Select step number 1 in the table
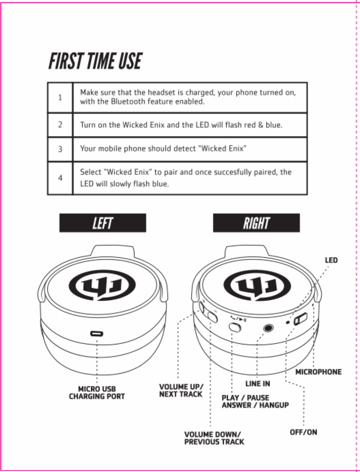pos(60,98)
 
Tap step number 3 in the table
pos(60,149)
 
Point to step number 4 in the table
pos(60,178)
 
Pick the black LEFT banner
pos(103,223)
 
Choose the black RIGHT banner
pos(256,223)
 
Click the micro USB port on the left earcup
pos(97,334)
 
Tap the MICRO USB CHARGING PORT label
pos(97,393)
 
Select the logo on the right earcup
pos(257,286)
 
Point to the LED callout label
pos(331,260)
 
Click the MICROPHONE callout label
pos(318,372)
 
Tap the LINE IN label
pos(257,384)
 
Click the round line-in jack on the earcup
pos(269,327)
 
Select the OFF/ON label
pos(303,432)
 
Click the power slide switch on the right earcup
pos(300,319)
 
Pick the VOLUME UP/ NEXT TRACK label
pos(181,390)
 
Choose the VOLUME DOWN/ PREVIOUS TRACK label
pos(214,438)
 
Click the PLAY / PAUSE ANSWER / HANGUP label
pos(255,402)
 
